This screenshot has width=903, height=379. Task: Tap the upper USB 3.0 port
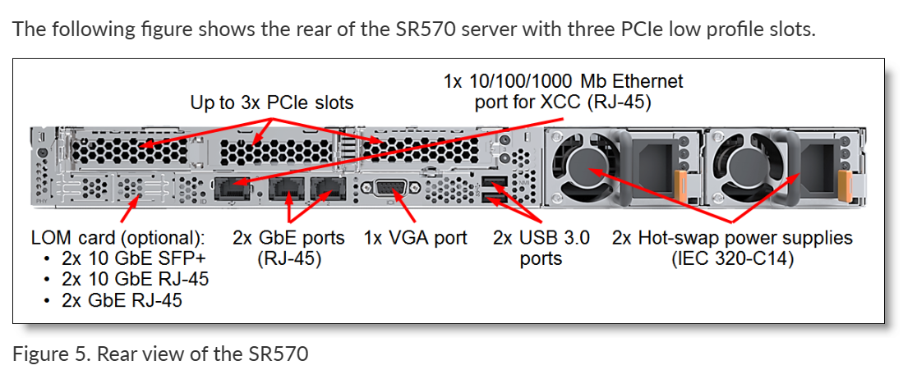[492, 181]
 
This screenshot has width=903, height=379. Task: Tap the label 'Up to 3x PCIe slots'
[272, 103]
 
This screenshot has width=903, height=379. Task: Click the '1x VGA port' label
[415, 238]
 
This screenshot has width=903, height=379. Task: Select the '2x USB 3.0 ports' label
[541, 249]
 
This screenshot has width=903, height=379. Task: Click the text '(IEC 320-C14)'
[732, 259]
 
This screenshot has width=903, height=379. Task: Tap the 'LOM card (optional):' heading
[117, 239]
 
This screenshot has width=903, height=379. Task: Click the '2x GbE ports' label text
[288, 238]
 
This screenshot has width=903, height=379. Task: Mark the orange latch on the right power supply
[841, 181]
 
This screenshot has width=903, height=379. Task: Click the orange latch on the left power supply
[680, 181]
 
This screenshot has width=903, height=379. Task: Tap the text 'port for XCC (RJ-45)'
[563, 103]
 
